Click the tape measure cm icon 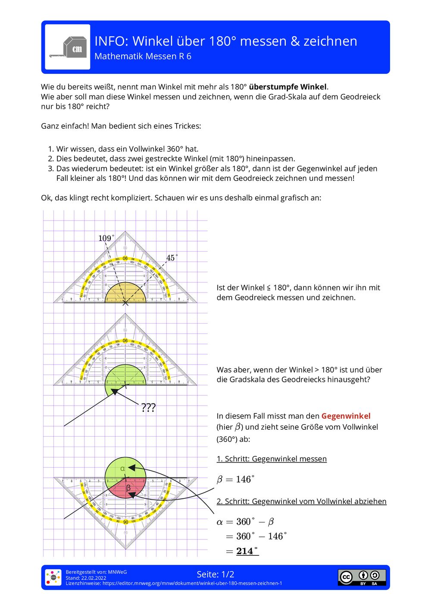tap(68, 47)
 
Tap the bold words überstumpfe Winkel tap(288, 87)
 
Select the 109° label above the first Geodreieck tap(106, 238)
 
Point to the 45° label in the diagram tap(172, 258)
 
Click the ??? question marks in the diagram tap(148, 408)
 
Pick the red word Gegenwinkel tap(346, 416)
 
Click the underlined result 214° tap(247, 551)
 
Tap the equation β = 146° tap(235, 479)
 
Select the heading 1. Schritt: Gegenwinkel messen tap(272, 459)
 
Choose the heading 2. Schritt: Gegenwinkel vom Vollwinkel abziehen tap(301, 501)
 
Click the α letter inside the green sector tap(122, 468)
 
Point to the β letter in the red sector tap(128, 488)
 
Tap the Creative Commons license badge tap(362, 577)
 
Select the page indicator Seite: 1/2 tap(215, 574)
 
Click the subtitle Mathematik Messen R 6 tap(143, 57)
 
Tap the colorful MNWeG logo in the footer tap(53, 577)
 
